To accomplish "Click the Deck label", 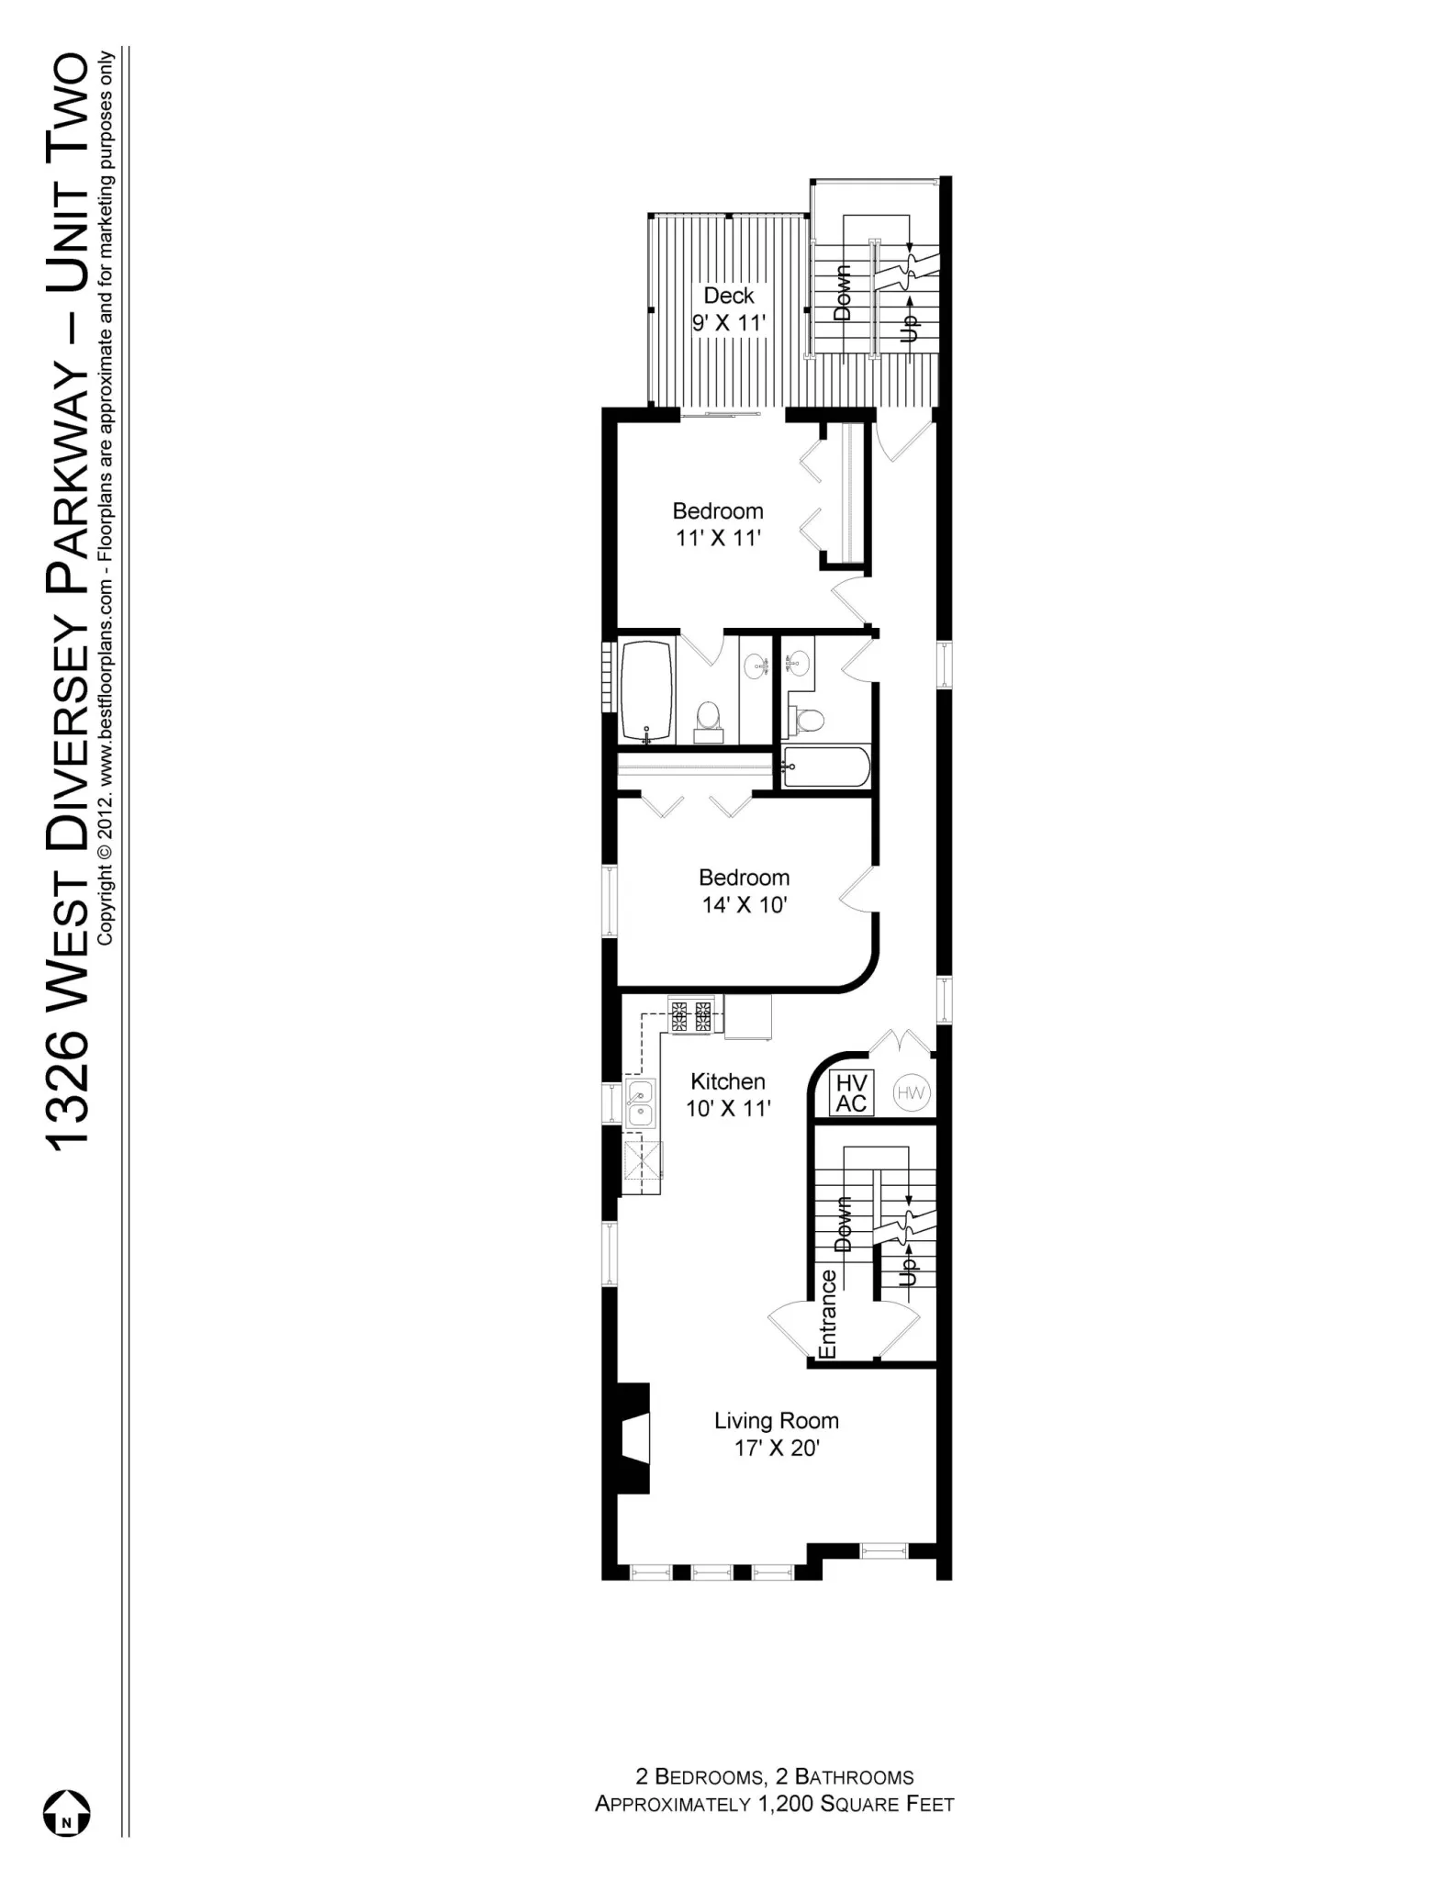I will pyautogui.click(x=728, y=296).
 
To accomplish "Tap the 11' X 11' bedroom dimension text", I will pyautogui.click(x=718, y=538).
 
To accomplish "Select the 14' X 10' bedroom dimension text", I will pyautogui.click(x=744, y=905).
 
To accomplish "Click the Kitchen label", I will pyautogui.click(x=727, y=1081).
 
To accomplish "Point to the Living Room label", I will pyautogui.click(x=776, y=1421).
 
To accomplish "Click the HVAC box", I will pyautogui.click(x=851, y=1093).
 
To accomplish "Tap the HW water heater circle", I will pyautogui.click(x=911, y=1093).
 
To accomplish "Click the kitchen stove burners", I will pyautogui.click(x=690, y=1016).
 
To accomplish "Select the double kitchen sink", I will pyautogui.click(x=640, y=1103).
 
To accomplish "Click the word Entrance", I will pyautogui.click(x=827, y=1314).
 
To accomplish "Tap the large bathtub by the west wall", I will pyautogui.click(x=647, y=691).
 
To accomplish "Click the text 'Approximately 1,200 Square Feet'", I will pyautogui.click(x=774, y=1804).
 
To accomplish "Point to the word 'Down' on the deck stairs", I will pyautogui.click(x=842, y=292).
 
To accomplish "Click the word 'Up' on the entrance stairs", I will pyautogui.click(x=908, y=1271).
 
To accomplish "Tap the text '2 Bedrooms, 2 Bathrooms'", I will pyautogui.click(x=774, y=1777).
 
